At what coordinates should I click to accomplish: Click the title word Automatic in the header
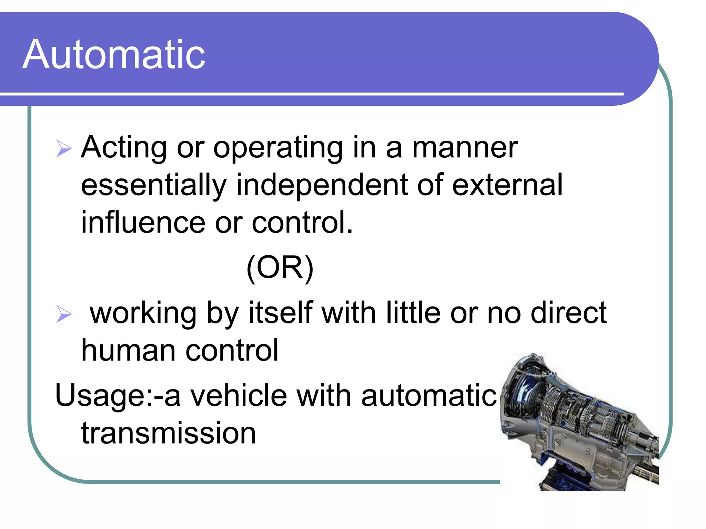click(114, 54)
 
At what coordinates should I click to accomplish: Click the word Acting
click(123, 148)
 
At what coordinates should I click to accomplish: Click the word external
click(507, 185)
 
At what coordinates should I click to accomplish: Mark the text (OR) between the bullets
click(280, 268)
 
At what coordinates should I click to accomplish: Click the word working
click(143, 313)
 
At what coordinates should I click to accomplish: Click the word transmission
click(168, 433)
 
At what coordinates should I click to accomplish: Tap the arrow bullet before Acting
click(64, 149)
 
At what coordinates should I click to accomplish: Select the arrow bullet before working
click(64, 314)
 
